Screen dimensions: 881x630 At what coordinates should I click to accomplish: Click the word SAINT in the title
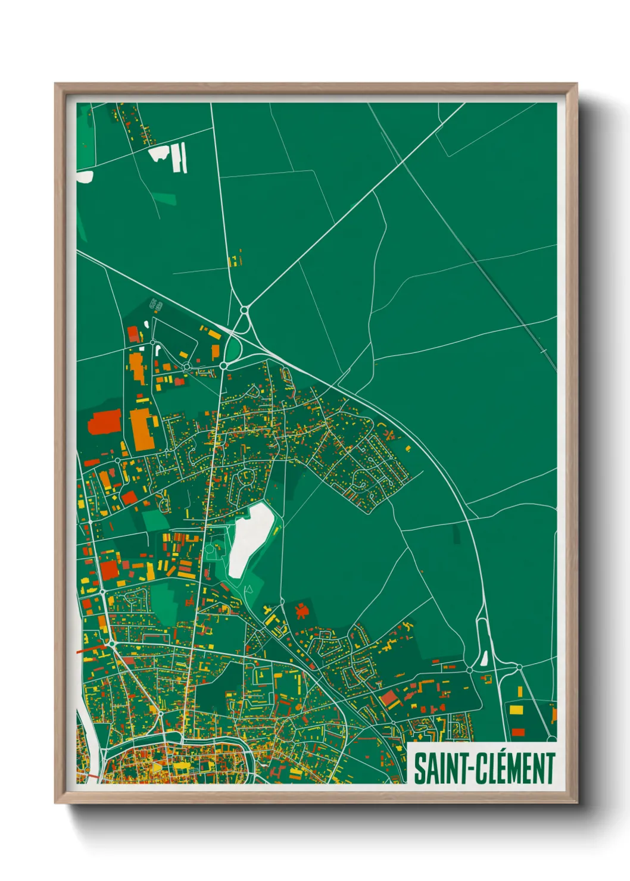440,768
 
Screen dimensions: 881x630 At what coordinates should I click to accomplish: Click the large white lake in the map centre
250,539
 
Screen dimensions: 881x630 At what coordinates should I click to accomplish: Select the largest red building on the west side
105,422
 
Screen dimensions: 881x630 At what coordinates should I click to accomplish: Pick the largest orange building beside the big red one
142,429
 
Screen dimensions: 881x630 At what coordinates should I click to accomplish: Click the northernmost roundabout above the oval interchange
244,310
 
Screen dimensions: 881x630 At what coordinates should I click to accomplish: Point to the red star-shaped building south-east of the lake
302,610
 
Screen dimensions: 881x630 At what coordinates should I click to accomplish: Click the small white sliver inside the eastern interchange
484,658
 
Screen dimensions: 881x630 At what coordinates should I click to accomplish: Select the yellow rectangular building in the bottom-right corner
516,710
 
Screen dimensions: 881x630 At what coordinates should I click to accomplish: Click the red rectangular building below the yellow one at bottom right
518,732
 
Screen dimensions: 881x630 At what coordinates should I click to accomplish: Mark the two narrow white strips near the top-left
180,158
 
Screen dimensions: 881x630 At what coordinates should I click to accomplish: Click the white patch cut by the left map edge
84,176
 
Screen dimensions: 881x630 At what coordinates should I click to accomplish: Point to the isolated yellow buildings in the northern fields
235,260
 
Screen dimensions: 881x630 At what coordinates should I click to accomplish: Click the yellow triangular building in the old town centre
156,767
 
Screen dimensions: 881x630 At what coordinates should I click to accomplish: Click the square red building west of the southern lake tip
109,570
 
